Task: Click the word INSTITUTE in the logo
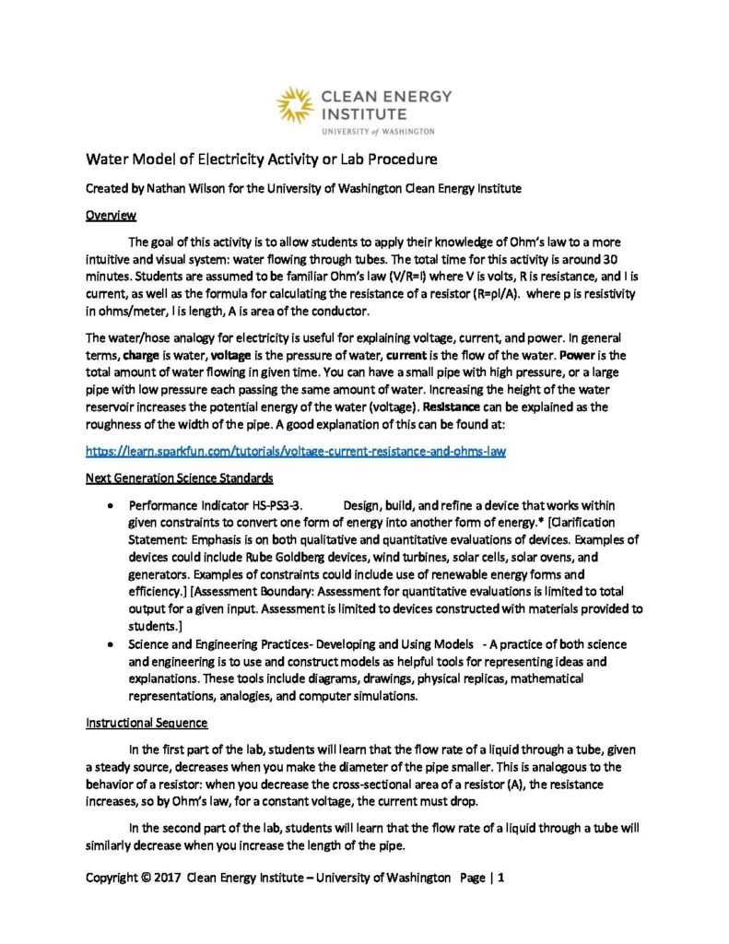tap(363, 113)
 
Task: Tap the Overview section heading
tap(111, 216)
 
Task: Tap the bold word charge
tap(144, 355)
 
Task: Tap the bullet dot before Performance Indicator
tap(111, 507)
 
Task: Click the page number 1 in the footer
tap(501, 879)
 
